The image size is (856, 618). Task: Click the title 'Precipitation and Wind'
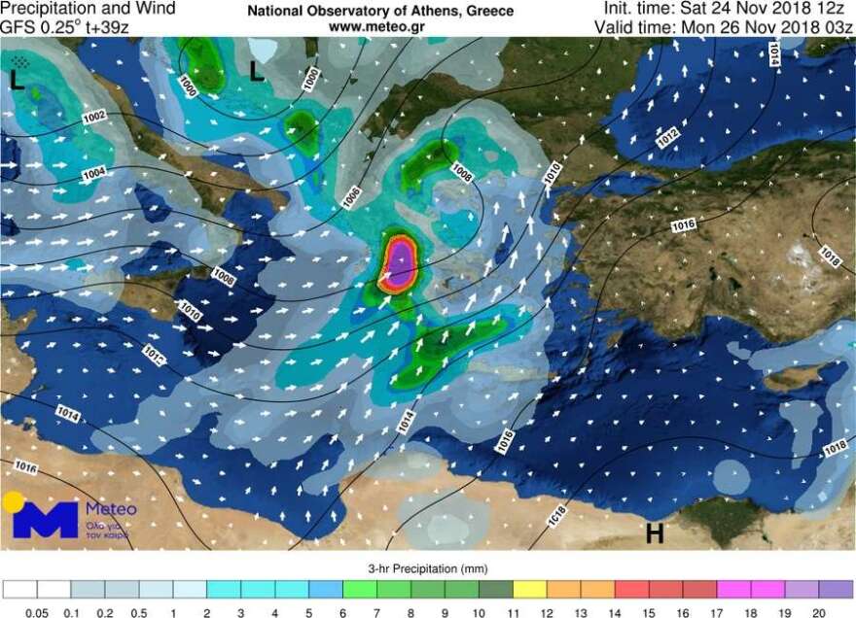tap(89, 9)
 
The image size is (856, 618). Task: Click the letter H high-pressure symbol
tap(655, 532)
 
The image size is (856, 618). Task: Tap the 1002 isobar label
tap(94, 117)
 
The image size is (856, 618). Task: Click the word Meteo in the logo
tap(111, 509)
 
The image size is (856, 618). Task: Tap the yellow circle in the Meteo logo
tap(13, 502)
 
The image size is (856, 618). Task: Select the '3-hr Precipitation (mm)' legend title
tap(428, 568)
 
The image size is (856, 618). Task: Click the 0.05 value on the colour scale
tap(38, 612)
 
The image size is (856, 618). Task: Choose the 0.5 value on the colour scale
tap(138, 612)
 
